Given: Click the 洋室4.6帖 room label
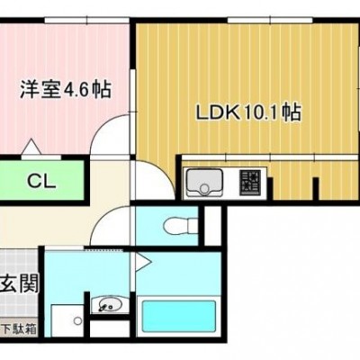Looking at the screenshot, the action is (66, 89).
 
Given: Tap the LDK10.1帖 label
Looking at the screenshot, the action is (247, 112).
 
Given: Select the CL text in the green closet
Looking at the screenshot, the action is (41, 181).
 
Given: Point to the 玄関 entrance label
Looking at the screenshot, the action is (20, 283).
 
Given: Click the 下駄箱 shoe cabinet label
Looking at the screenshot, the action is (20, 329).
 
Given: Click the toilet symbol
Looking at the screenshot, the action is (181, 225).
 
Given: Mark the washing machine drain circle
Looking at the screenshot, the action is (78, 321).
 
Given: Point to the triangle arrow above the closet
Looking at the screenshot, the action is (31, 147).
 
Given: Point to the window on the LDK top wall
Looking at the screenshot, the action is (270, 21).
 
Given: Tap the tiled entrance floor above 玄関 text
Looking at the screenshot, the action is (19, 260).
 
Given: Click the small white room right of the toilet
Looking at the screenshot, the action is (213, 226).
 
